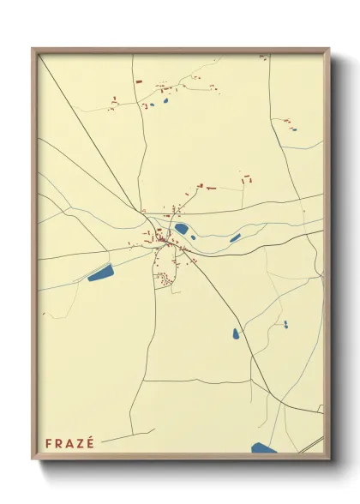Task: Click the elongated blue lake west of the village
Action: point(100,274)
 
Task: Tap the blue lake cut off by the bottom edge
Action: point(265,448)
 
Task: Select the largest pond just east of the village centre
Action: point(183,229)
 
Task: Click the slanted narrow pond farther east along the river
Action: point(235,237)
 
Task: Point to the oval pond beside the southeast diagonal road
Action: point(236,333)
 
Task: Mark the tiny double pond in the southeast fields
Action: point(285,324)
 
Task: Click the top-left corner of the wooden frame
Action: point(33,48)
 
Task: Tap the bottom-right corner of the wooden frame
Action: point(330,460)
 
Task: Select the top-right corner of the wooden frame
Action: point(330,48)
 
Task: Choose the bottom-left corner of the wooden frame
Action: point(33,460)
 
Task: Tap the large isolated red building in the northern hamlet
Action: point(138,81)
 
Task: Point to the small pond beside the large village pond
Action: point(195,237)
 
